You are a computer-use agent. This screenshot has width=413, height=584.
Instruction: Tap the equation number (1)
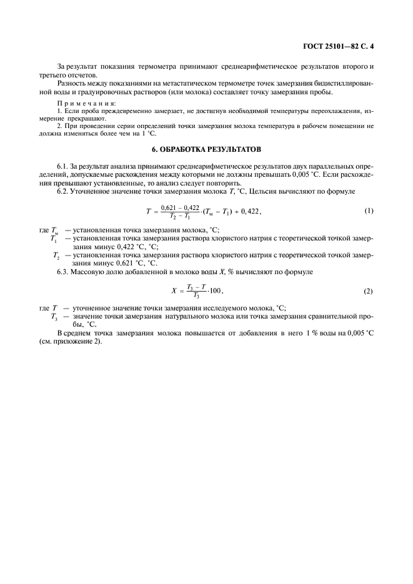[369, 211]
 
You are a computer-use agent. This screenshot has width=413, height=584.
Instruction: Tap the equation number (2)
[369, 292]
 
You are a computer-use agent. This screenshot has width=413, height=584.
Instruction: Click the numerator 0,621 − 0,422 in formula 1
[180, 207]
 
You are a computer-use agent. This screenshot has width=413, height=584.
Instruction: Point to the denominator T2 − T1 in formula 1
[180, 216]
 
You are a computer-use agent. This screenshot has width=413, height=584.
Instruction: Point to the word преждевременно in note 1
[121, 110]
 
